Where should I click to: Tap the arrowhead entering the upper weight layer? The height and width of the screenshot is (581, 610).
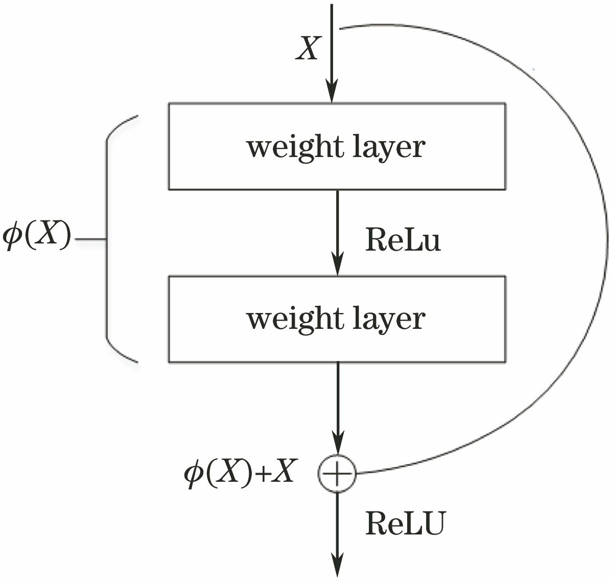(x=332, y=94)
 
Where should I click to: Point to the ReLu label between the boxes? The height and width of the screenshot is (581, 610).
(x=403, y=240)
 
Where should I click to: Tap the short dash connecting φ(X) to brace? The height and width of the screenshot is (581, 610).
(x=90, y=239)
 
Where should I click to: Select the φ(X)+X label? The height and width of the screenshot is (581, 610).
(x=240, y=474)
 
